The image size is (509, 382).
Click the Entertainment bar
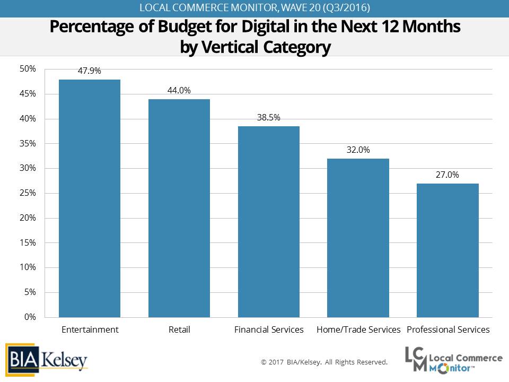click(90, 198)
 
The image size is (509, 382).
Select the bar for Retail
click(179, 208)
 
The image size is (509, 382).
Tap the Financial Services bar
click(269, 222)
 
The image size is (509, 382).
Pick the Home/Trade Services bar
click(358, 238)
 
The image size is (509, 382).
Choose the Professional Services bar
click(448, 250)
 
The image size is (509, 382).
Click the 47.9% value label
click(90, 70)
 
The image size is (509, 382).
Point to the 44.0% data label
click(179, 90)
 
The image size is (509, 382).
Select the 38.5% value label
click(269, 117)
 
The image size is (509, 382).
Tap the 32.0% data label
click(358, 150)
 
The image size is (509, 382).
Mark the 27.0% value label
click(448, 175)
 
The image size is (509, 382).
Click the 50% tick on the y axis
click(28, 69)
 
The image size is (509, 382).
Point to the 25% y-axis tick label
click(28, 193)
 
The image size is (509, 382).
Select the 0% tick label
click(30, 317)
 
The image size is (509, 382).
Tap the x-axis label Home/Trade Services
click(358, 329)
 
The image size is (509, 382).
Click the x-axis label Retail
click(179, 329)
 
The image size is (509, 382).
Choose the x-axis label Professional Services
click(448, 329)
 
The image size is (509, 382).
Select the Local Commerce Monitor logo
click(453, 360)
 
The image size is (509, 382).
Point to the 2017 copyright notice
click(324, 362)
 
